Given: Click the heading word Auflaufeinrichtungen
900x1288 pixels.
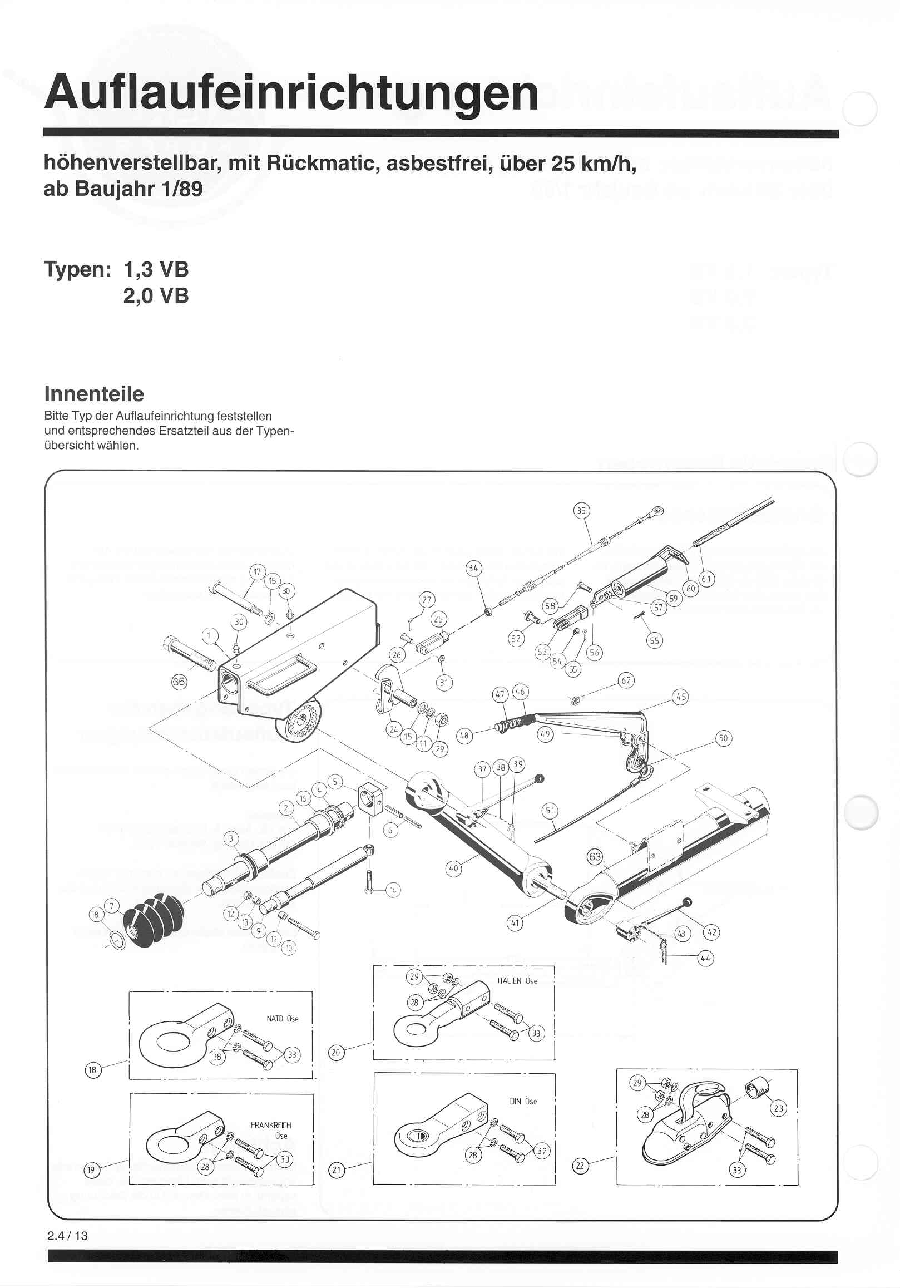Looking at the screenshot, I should [x=291, y=92].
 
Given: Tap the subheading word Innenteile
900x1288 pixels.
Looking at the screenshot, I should [x=93, y=394].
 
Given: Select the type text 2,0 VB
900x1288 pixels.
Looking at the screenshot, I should [x=156, y=295].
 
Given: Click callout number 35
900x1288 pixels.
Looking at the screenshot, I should [x=581, y=511].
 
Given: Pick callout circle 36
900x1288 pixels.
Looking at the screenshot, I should [x=179, y=682].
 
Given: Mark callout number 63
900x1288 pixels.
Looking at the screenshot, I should [x=595, y=857].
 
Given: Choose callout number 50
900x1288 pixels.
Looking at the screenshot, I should [x=723, y=738].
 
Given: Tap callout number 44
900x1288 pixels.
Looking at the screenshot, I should [x=705, y=958].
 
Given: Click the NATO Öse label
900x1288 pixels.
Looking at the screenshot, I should [x=282, y=1019].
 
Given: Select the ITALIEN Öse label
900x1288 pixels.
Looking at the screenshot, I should [x=517, y=981].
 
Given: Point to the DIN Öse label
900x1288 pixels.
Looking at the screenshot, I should [x=523, y=1101].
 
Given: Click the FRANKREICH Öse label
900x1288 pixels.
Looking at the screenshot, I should [x=271, y=1130].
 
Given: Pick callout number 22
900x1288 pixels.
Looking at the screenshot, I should [x=580, y=1166].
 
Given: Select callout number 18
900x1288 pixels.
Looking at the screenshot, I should [x=92, y=1070].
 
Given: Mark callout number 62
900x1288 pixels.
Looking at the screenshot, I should [x=626, y=680].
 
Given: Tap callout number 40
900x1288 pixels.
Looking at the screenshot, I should [x=453, y=868].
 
